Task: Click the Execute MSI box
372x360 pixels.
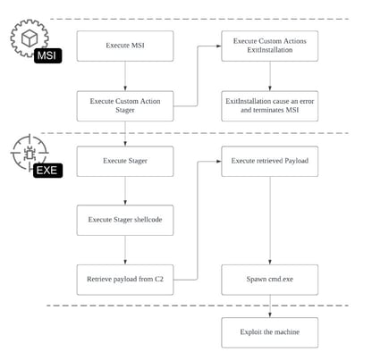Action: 124,46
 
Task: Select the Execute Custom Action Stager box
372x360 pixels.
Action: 124,106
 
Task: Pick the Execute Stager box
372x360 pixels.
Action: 124,161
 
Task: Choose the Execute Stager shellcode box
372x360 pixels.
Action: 124,220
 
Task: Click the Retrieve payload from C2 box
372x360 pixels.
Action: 124,279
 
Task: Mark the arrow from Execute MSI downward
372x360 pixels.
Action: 124,76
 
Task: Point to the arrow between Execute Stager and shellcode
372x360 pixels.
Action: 124,190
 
